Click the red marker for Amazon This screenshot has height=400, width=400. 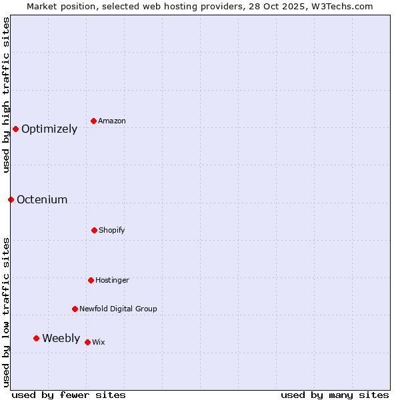click(x=94, y=121)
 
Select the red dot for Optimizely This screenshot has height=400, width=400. click(x=15, y=129)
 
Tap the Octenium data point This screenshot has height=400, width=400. click(x=11, y=199)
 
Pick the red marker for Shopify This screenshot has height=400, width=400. click(x=94, y=230)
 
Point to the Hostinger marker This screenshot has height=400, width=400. click(x=91, y=280)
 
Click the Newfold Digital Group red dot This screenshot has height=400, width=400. click(x=75, y=309)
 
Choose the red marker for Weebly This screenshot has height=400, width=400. click(x=36, y=338)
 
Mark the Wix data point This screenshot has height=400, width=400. click(x=87, y=342)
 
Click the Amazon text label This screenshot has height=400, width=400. click(x=112, y=121)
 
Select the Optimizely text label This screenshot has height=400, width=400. click(x=49, y=129)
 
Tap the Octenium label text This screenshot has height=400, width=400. click(x=42, y=200)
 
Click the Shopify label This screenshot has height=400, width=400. click(x=112, y=230)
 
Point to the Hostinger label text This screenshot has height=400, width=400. click(x=112, y=280)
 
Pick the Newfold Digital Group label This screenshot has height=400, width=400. click(x=118, y=309)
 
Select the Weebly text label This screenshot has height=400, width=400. click(x=61, y=339)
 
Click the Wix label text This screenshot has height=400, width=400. click(x=99, y=342)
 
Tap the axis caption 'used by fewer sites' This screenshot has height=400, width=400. click(x=69, y=395)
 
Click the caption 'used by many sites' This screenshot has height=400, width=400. click(x=335, y=395)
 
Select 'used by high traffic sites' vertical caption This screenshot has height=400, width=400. click(x=6, y=95)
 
